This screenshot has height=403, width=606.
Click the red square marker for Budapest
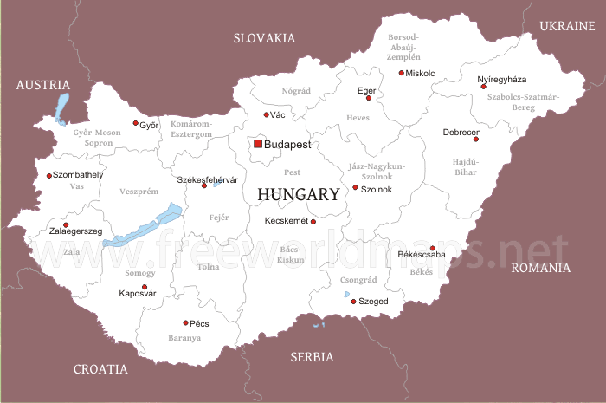[257, 144]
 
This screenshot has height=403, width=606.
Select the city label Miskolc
[421, 73]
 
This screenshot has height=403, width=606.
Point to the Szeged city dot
[352, 301]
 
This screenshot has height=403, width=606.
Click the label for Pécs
[199, 323]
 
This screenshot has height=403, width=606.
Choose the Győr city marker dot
[135, 123]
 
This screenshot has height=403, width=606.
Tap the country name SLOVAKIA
[264, 38]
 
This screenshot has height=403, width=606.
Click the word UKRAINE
[568, 27]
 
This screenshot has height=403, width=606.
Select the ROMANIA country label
[540, 268]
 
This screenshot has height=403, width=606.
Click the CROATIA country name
[100, 369]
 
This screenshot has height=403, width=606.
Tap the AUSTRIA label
[42, 85]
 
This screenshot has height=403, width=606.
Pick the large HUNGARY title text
[298, 195]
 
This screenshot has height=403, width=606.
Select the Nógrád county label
[296, 90]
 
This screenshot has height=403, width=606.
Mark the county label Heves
[358, 116]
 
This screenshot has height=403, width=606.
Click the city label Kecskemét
[286, 221]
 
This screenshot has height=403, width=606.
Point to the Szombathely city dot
[48, 176]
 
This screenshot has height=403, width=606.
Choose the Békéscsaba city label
[421, 255]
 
